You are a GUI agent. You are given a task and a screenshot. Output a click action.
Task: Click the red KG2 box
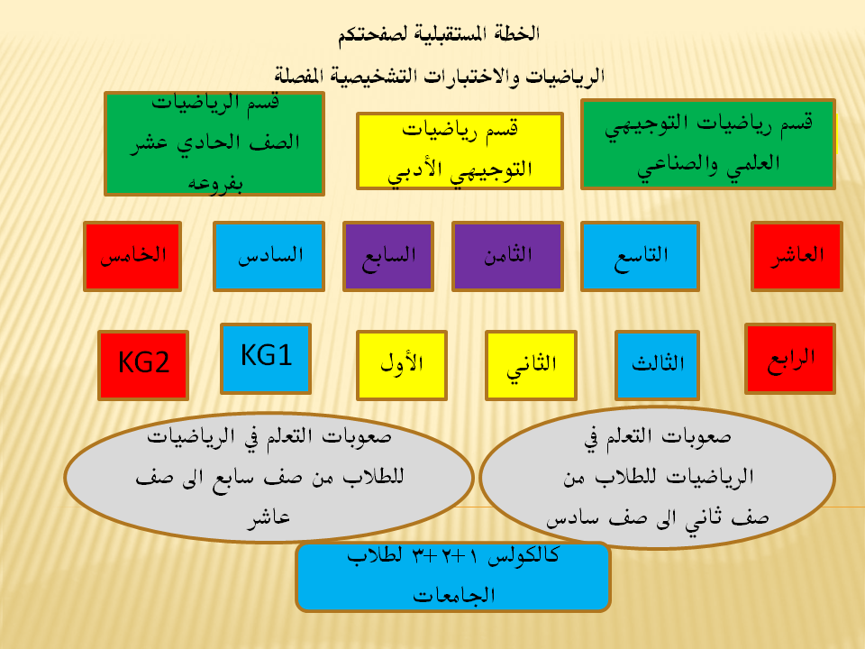point(143,365)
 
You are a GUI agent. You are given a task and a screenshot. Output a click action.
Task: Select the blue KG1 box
point(266,359)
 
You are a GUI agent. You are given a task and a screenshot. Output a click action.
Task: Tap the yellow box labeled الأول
point(402,365)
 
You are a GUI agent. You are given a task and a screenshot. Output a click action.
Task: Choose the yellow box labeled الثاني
point(532,365)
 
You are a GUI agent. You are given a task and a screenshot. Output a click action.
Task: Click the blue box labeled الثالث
point(657,365)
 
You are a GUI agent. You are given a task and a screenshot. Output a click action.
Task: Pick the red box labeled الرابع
point(790,359)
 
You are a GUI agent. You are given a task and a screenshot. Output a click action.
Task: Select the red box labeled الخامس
point(132,256)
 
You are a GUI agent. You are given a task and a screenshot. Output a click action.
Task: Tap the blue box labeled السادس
point(269,256)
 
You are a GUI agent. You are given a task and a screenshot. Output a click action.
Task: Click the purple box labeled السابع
point(388,256)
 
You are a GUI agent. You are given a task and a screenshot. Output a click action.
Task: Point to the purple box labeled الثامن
point(507,256)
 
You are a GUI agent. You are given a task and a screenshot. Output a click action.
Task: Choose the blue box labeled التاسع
point(640,256)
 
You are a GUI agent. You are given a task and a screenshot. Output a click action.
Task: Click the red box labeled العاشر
point(797,256)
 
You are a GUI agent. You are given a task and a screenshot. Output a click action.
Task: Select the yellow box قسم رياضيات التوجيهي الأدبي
point(460,151)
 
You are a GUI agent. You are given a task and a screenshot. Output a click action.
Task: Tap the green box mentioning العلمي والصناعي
point(708,144)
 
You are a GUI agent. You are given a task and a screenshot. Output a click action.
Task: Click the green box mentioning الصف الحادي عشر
point(214,143)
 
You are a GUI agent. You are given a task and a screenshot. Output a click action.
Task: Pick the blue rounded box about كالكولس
point(453,577)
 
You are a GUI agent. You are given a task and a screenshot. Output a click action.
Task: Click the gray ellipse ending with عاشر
point(269,478)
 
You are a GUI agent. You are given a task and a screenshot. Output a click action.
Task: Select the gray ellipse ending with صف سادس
point(657,478)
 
